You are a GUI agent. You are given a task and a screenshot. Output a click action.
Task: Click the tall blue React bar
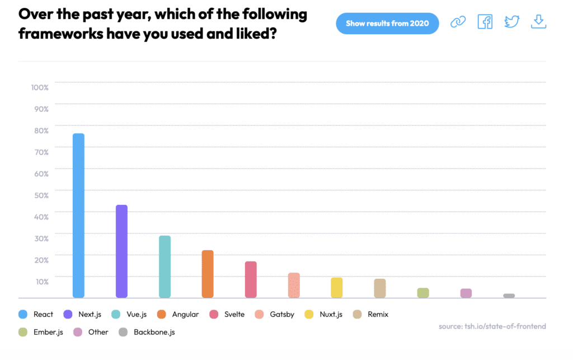78,216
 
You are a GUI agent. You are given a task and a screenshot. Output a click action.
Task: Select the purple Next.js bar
121,251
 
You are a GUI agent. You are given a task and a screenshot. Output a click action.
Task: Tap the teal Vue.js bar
165,267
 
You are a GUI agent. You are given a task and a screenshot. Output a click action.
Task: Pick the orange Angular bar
208,274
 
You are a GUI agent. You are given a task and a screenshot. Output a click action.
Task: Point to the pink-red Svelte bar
251,279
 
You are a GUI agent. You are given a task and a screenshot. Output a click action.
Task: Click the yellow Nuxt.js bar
336,288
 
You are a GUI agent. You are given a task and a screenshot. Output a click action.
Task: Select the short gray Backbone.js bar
509,296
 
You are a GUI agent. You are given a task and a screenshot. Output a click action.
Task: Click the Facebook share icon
485,22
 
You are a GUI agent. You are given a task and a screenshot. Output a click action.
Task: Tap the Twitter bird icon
511,22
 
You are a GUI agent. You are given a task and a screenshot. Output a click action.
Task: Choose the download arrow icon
538,22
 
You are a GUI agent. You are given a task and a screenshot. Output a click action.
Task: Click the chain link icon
458,22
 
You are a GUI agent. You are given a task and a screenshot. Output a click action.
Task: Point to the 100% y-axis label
40,87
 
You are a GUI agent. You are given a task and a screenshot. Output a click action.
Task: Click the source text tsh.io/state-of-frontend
492,326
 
